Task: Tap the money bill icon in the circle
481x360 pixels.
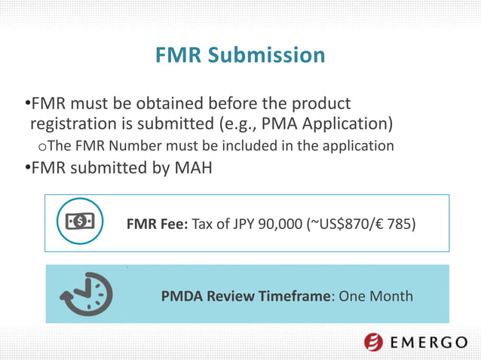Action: pos(81,221)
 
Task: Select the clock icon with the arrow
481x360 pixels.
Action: pos(87,293)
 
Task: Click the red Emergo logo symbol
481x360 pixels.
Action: pos(373,343)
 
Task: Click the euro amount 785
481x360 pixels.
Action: pos(400,223)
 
